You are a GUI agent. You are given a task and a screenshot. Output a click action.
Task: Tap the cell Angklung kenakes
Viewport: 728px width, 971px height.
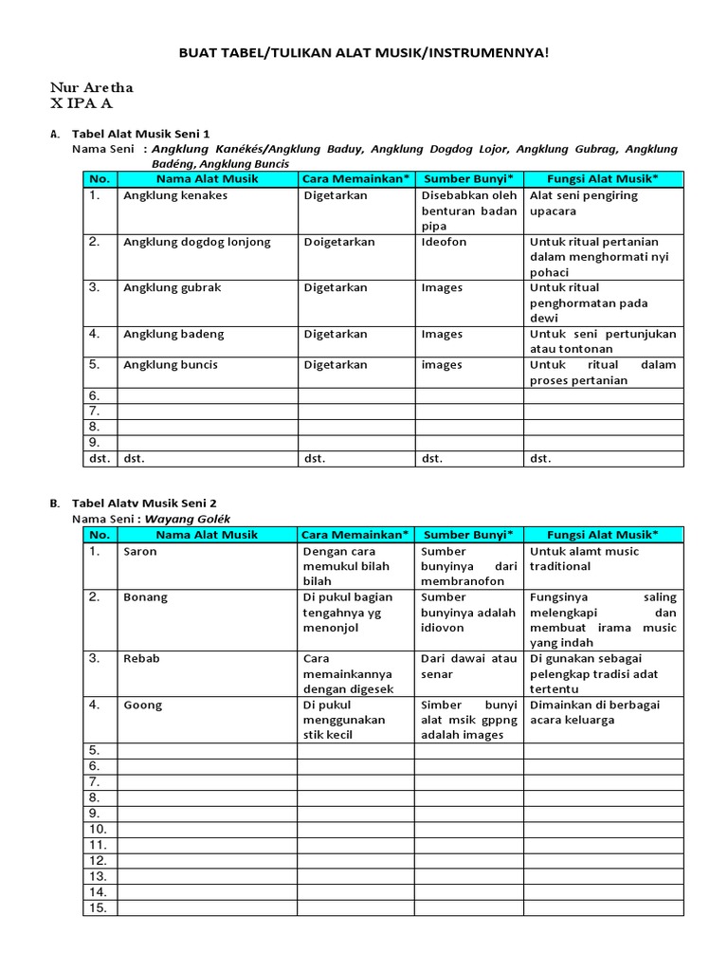tap(175, 196)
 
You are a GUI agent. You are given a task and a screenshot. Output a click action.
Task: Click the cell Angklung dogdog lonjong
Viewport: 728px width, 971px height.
tap(197, 242)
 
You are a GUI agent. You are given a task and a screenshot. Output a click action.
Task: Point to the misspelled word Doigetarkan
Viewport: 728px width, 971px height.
tap(339, 242)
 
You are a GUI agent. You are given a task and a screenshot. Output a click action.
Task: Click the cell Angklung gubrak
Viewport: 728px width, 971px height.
tap(172, 287)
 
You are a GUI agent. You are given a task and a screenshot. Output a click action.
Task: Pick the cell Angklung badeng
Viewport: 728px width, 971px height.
tap(173, 334)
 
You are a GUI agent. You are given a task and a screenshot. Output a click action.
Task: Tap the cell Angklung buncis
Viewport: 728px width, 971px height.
tap(171, 364)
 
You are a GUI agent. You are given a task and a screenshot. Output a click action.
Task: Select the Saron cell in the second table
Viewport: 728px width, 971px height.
tap(140, 551)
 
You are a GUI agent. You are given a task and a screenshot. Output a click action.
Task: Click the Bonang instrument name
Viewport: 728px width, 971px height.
tap(145, 597)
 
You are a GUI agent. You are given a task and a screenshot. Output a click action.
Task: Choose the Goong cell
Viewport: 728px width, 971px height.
tap(142, 705)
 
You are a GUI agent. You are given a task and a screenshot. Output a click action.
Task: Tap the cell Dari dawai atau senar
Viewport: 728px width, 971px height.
tap(468, 666)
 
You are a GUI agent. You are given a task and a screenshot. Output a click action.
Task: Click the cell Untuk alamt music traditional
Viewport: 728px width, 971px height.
tap(584, 559)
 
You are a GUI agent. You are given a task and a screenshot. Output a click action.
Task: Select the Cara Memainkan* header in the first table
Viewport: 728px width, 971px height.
tap(356, 178)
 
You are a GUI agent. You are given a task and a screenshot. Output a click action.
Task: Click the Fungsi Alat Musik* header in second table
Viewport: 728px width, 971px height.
tap(603, 534)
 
